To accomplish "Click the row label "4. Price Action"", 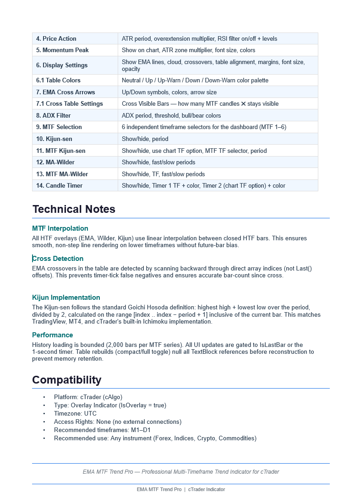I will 56,39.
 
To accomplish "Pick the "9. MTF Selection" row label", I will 59,127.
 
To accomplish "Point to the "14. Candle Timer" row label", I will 60,186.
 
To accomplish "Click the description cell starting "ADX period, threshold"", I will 171,116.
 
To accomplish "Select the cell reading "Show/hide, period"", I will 145,139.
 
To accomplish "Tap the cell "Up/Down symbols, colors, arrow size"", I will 169,92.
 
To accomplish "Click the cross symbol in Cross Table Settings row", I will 243,104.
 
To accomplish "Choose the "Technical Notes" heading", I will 74,209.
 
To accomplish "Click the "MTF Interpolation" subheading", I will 60,228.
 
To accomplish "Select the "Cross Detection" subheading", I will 58,259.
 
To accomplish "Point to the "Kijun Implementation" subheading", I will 66,297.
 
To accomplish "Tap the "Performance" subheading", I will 53,335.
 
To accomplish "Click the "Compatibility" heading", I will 67,380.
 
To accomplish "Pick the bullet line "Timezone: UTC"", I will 75,414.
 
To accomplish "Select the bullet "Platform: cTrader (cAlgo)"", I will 88,397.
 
